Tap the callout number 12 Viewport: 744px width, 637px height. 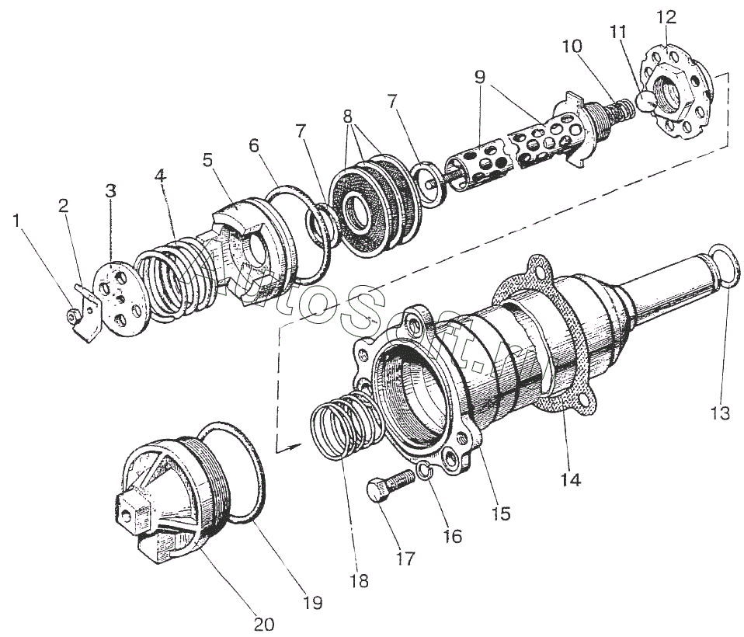pyautogui.click(x=666, y=17)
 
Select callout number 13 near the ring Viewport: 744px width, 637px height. pyautogui.click(x=720, y=412)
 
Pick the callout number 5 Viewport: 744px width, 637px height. pyautogui.click(x=207, y=160)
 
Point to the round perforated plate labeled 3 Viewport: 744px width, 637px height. pyautogui.click(x=117, y=299)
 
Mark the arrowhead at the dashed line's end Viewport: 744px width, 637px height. pyautogui.click(x=294, y=445)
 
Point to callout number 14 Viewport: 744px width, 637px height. pyautogui.click(x=571, y=479)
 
